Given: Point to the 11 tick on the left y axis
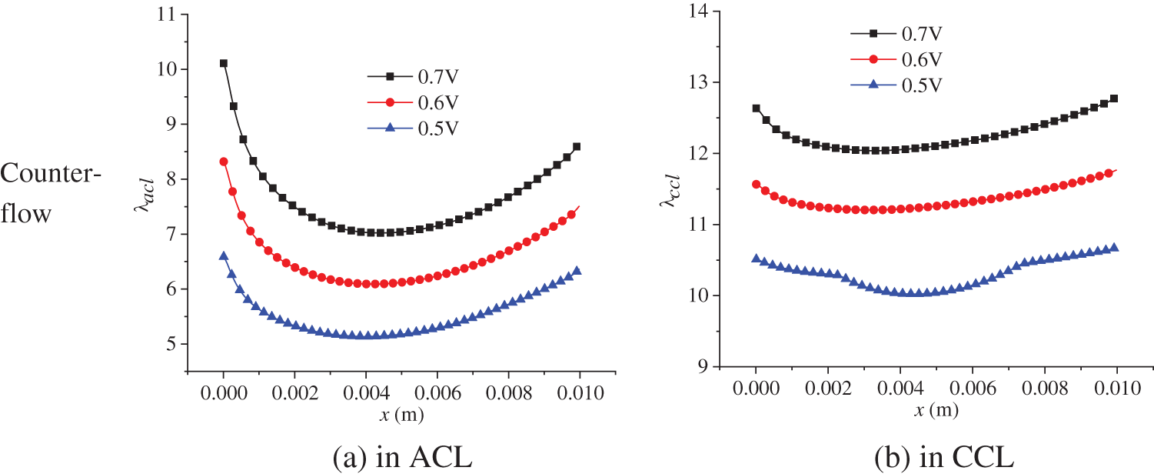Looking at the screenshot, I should tap(163, 15).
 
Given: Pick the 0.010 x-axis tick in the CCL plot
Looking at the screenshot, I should tap(1117, 391).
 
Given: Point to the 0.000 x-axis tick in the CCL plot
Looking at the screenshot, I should tap(756, 391).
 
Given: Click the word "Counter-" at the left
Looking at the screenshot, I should tap(51, 175).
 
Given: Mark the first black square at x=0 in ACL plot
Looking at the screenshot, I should tap(224, 63).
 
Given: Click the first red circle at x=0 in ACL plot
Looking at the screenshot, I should tap(224, 162).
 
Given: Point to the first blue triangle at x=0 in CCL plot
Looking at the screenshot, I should tap(756, 259).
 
